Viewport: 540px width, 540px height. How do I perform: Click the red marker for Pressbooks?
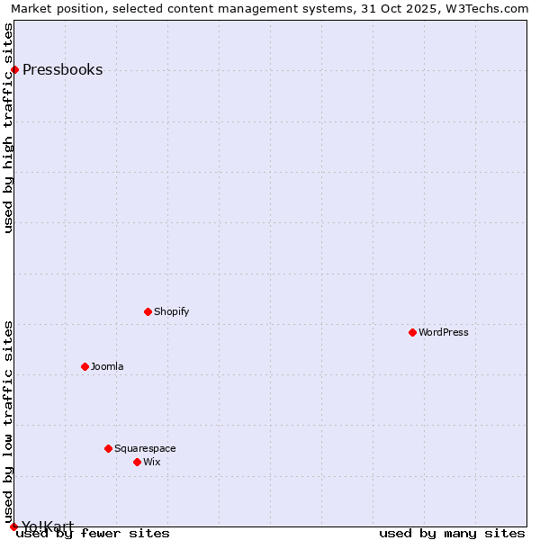pyautogui.click(x=14, y=70)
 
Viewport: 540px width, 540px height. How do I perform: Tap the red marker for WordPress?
pyautogui.click(x=412, y=332)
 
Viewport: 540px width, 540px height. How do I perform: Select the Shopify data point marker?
pyautogui.click(x=148, y=311)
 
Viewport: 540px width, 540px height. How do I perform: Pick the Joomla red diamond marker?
pyautogui.click(x=85, y=366)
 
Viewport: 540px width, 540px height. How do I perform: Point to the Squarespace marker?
pyautogui.click(x=108, y=448)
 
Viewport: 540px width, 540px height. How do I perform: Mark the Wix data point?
pyautogui.click(x=137, y=462)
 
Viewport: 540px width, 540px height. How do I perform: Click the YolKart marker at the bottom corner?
pyautogui.click(x=13, y=526)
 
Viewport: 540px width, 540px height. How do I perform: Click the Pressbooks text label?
pyautogui.click(x=62, y=70)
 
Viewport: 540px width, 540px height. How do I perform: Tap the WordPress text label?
pyautogui.click(x=444, y=332)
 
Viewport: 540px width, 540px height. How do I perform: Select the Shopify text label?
pyautogui.click(x=171, y=311)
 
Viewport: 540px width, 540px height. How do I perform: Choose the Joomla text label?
pyautogui.click(x=107, y=366)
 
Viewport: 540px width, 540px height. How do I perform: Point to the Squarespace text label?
pyautogui.click(x=145, y=448)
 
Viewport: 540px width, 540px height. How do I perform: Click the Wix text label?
pyautogui.click(x=152, y=462)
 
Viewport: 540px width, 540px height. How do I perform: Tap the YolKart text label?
pyautogui.click(x=48, y=526)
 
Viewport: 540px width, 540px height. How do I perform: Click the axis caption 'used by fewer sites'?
pyautogui.click(x=93, y=534)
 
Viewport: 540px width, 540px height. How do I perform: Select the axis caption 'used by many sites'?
pyautogui.click(x=452, y=534)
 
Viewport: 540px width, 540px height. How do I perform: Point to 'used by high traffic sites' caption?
pyautogui.click(x=9, y=128)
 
